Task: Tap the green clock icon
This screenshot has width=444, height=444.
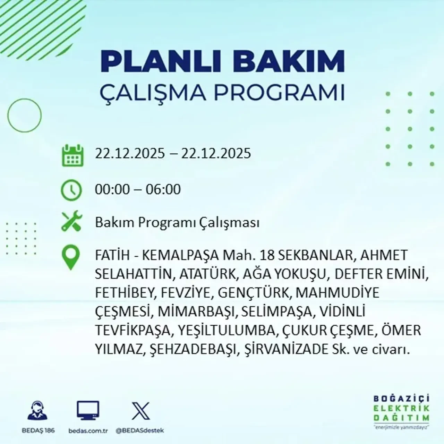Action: click(71, 190)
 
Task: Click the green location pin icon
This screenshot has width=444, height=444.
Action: click(70, 257)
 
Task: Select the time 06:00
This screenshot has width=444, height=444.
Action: click(163, 189)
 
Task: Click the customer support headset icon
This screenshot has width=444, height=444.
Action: click(37, 411)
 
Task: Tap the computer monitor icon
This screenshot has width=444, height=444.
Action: click(88, 411)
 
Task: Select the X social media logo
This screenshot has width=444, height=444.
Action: click(140, 411)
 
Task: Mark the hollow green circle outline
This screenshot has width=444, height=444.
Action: click(24, 115)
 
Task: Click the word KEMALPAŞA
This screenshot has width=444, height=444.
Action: click(181, 256)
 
